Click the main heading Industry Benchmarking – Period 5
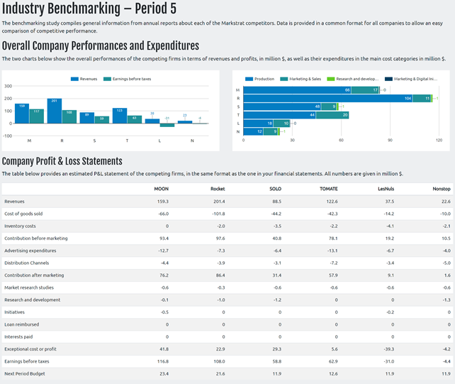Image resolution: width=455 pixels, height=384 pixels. pyautogui.click(x=89, y=9)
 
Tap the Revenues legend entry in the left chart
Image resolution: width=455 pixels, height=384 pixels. pyautogui.click(x=84, y=79)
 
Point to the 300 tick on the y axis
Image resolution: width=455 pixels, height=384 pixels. pyautogui.click(x=9, y=87)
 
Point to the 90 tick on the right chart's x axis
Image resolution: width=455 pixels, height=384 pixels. pyautogui.click(x=390, y=140)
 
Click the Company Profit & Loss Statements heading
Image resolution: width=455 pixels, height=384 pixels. pyautogui.click(x=62, y=161)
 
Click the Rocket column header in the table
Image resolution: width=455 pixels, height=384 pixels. pyautogui.click(x=218, y=189)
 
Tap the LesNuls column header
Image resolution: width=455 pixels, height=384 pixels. pyautogui.click(x=385, y=189)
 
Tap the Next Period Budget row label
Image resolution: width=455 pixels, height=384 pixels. pyautogui.click(x=23, y=373)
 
